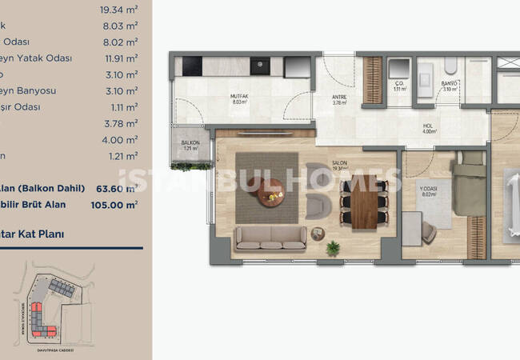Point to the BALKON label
(190, 145)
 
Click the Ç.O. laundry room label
(398, 83)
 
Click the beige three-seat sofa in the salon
(270, 237)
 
